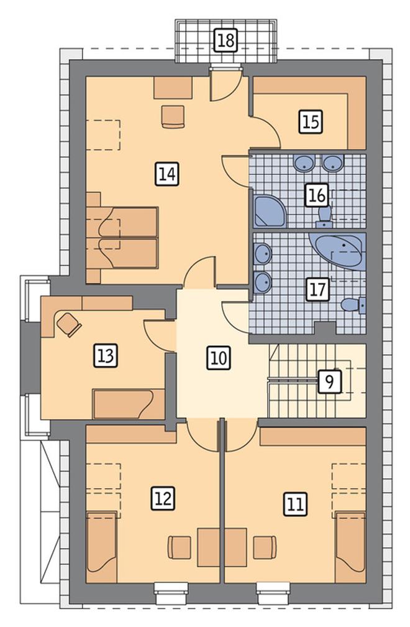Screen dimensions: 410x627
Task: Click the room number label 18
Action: [x=226, y=40]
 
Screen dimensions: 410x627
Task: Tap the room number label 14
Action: [x=167, y=174]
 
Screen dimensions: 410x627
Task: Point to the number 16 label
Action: [x=317, y=195]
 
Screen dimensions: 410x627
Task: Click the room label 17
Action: [x=318, y=289]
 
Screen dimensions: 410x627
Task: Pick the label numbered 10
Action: [x=219, y=358]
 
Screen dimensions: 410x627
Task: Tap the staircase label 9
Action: [x=330, y=381]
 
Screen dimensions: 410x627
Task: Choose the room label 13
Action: [x=106, y=356]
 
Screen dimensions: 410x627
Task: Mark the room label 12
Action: [x=163, y=498]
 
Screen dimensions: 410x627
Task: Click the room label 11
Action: [x=296, y=504]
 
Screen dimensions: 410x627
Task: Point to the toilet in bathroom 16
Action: [x=324, y=216]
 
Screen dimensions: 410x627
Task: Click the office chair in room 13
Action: [x=69, y=323]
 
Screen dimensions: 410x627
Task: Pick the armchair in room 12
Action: [x=180, y=547]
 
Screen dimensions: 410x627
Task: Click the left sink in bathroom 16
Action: [x=305, y=162]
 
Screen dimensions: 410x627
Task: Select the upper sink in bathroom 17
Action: [x=262, y=254]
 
